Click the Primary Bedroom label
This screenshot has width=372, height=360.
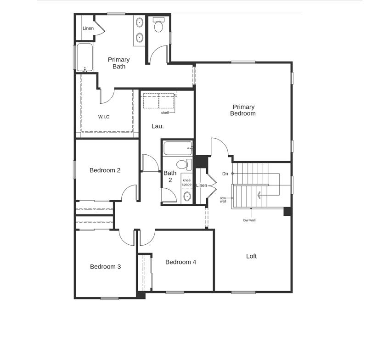243,110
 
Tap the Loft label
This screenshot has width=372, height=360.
251,256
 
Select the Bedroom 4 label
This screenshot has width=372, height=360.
180,262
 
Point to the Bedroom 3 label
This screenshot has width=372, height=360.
105,267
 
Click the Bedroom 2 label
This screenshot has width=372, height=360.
105,170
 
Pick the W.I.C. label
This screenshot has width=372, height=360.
104,117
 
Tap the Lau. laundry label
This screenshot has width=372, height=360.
158,126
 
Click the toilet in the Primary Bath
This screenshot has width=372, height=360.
158,26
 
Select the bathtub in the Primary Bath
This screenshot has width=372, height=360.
85,57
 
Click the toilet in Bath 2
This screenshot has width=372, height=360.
184,164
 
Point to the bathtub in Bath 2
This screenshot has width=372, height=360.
178,148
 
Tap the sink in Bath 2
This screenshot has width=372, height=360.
187,197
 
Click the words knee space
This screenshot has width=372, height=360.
187,182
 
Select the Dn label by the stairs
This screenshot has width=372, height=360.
225,174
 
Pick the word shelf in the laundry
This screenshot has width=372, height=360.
165,112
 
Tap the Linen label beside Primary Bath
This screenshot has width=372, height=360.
88,28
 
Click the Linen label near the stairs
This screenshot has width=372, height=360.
202,186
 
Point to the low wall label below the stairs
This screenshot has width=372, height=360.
249,220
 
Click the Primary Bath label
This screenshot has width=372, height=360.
119,63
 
